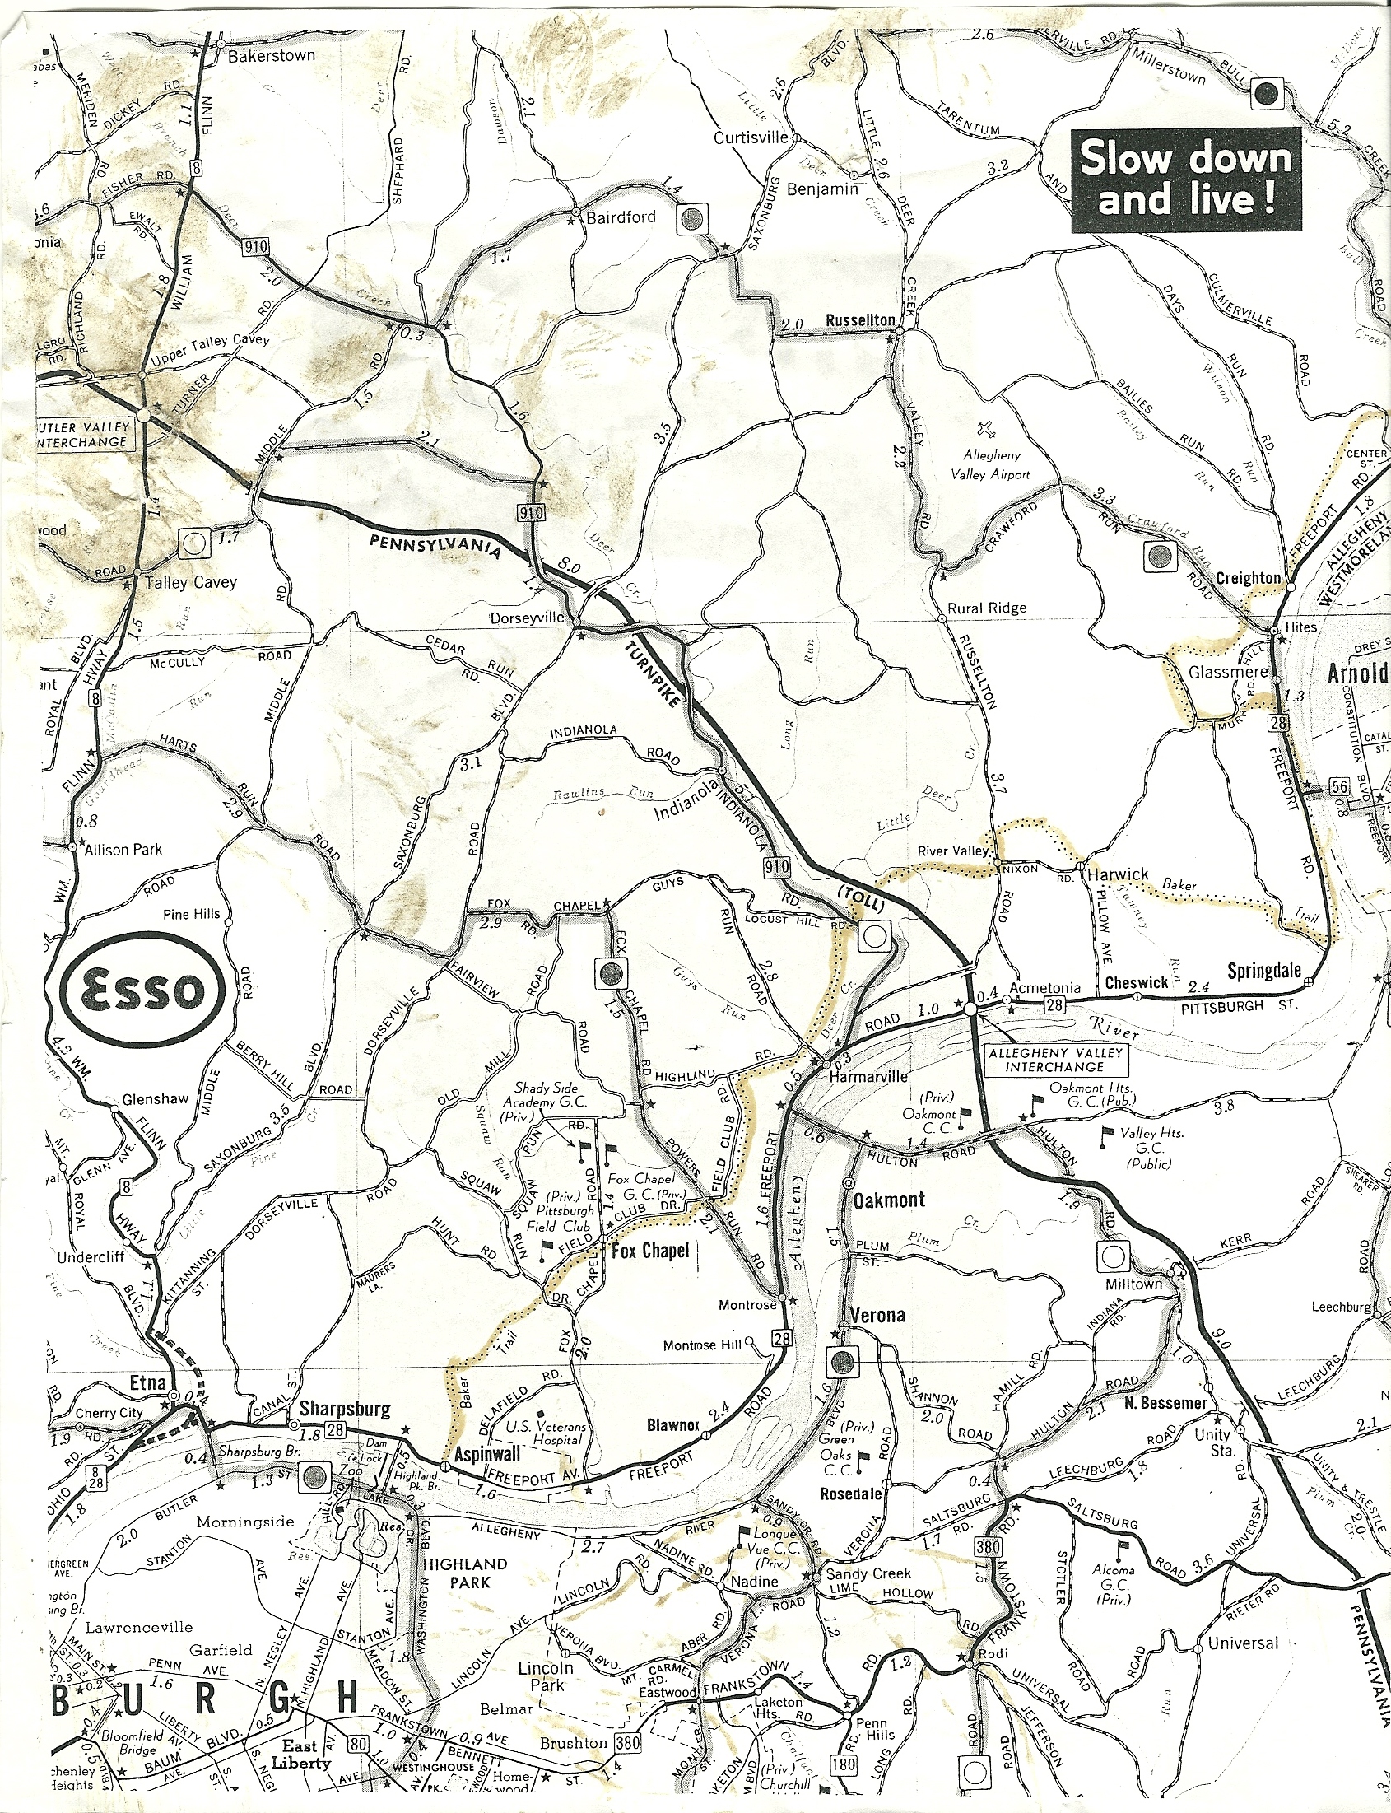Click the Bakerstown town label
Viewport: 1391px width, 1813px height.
coord(271,55)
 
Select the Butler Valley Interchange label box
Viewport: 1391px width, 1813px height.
coord(83,434)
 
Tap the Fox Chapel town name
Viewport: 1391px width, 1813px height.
coord(650,1251)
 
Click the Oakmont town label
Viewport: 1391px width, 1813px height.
coord(888,1200)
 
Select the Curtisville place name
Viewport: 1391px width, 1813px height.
coord(750,137)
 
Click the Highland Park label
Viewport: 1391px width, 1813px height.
coord(464,1573)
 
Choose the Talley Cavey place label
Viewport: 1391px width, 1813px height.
coord(190,582)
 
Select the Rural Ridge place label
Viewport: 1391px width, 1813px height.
coord(986,608)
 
